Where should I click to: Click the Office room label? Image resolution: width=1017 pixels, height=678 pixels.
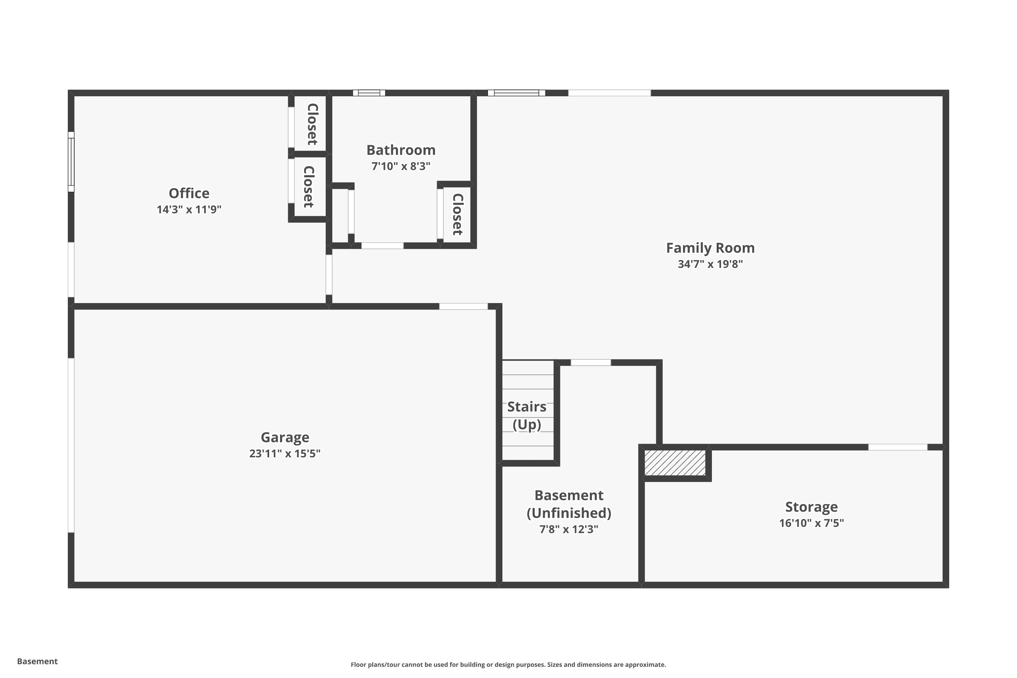click(189, 193)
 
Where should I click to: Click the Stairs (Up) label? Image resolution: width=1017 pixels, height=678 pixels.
click(527, 416)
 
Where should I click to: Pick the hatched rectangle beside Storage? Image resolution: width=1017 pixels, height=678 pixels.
click(675, 463)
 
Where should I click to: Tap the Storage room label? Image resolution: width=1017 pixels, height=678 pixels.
click(811, 507)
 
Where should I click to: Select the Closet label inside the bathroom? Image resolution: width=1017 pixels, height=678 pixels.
click(457, 214)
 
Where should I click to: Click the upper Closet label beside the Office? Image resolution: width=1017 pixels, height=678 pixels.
click(312, 124)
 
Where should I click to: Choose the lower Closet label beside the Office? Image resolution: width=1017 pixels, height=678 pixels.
click(308, 187)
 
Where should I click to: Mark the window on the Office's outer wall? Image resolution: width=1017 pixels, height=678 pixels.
click(71, 162)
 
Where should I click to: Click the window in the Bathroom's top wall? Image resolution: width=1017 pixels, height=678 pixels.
click(369, 93)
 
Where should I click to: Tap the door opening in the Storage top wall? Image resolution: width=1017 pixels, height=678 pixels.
click(898, 447)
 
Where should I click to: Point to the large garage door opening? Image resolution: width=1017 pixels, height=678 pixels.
click(71, 445)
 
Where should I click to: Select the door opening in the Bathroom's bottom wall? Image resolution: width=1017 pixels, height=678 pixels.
click(382, 245)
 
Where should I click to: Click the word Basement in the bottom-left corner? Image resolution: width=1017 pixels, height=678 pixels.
click(37, 661)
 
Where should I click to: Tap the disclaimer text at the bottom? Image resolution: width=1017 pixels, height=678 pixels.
click(508, 664)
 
